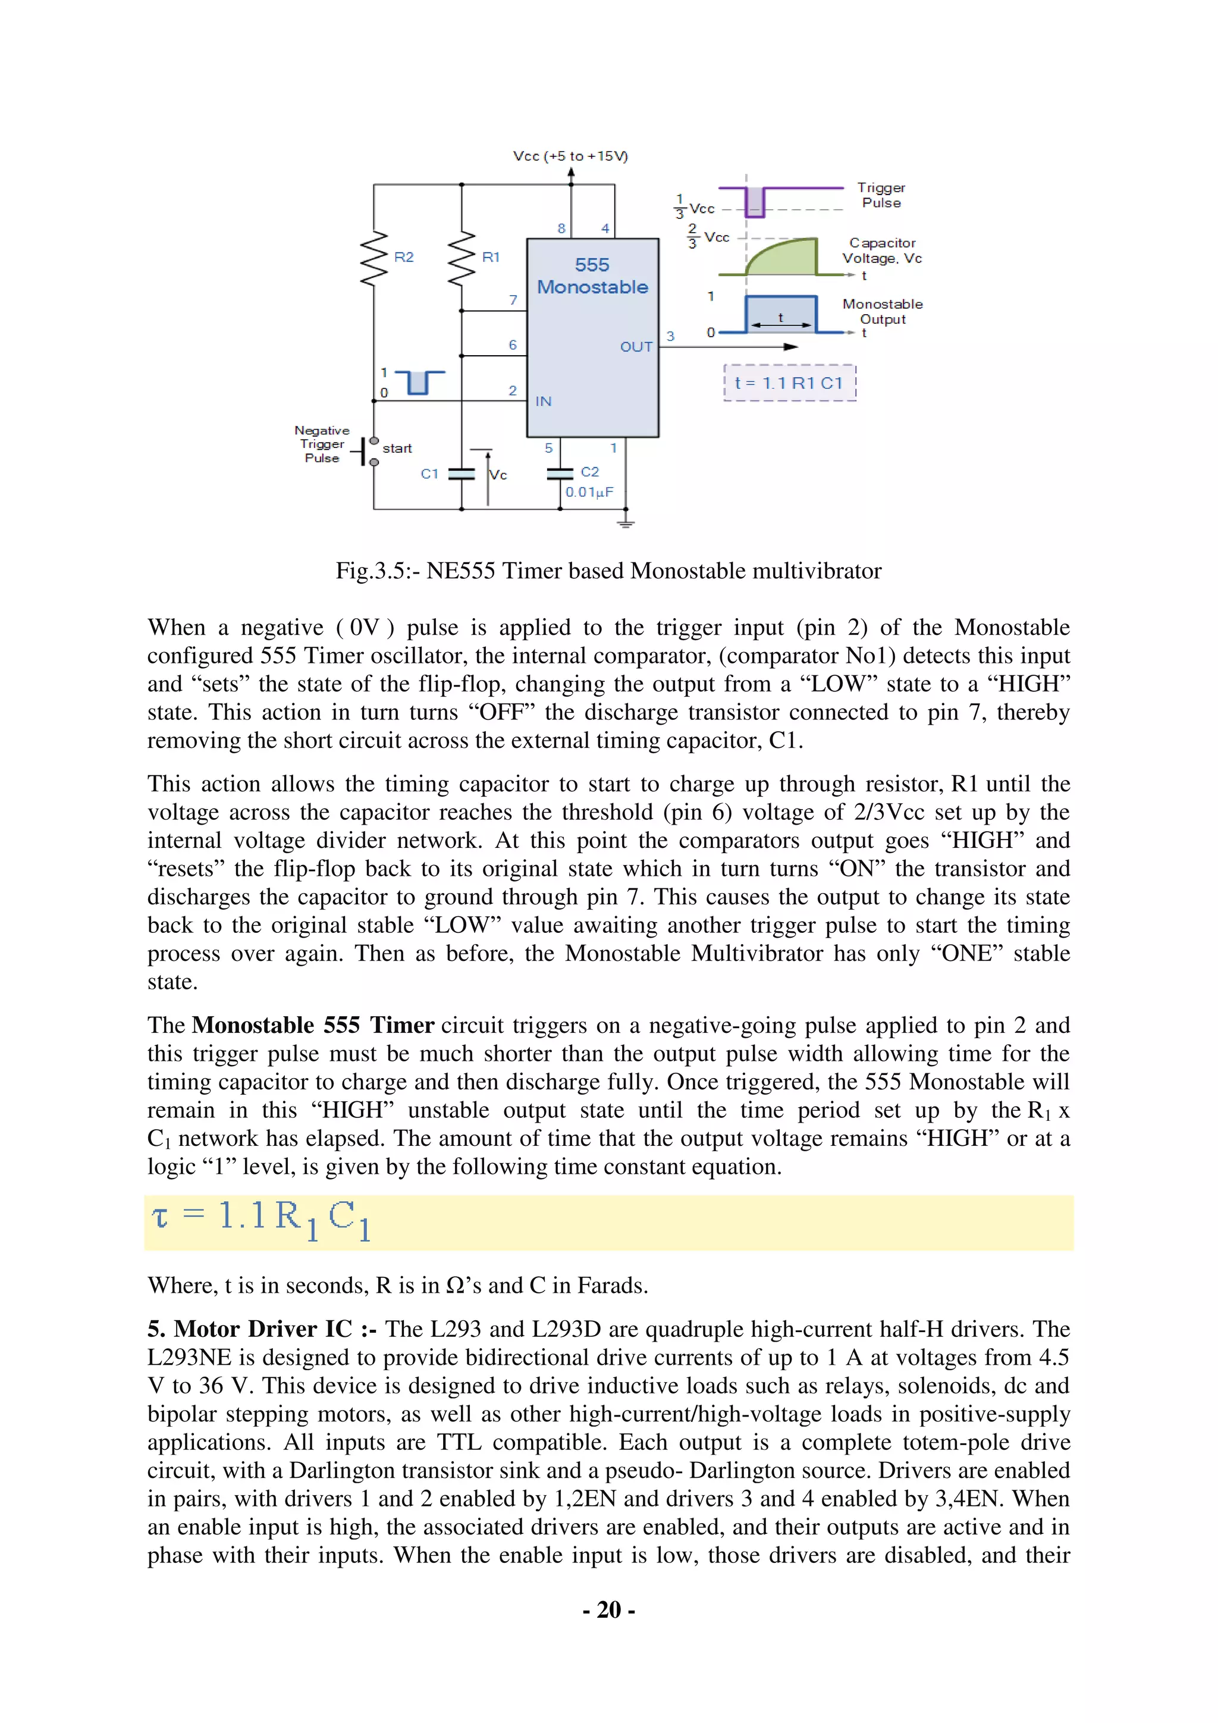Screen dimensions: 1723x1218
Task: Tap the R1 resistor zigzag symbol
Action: coord(462,258)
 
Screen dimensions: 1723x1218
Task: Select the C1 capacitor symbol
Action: coord(462,474)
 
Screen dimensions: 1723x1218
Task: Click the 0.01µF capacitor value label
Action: coord(589,492)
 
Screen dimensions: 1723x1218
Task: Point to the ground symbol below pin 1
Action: coord(626,523)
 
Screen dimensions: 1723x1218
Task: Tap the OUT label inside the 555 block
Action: coord(636,347)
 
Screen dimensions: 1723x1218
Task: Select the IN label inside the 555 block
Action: coord(544,402)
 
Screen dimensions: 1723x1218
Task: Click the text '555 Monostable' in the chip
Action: coord(592,276)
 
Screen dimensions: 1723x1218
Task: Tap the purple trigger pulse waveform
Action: coord(755,201)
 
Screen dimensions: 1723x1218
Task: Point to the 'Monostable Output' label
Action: coord(882,311)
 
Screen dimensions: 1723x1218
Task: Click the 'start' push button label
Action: coord(397,449)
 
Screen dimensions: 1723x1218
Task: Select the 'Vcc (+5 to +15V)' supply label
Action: coord(570,156)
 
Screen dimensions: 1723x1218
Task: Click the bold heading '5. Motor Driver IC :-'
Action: coord(262,1330)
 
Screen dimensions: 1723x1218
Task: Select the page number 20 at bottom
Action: coord(608,1611)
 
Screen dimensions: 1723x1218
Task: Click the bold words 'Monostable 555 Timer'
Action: coord(313,1026)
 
